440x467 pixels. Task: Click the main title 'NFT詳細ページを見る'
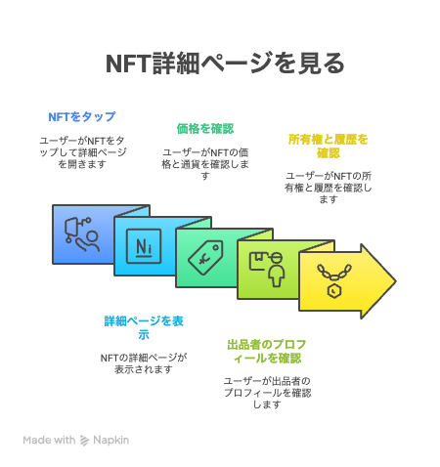(225, 64)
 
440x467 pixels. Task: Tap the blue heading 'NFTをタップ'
(82, 116)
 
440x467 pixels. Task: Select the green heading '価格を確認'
(205, 129)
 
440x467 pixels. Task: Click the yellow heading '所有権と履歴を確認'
(328, 146)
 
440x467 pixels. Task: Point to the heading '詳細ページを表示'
(144, 327)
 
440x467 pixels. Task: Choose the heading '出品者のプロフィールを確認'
(267, 352)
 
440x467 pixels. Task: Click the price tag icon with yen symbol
(205, 258)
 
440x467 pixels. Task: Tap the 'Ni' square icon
(144, 246)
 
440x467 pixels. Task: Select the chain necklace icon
(334, 280)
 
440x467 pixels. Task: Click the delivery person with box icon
(267, 269)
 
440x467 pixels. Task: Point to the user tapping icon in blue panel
(82, 234)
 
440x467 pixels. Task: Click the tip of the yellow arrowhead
(396, 281)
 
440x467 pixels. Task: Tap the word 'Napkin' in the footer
(110, 440)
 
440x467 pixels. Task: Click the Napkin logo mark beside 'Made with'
(84, 441)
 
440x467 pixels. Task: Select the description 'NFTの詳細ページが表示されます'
(144, 363)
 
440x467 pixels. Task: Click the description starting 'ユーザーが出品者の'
(267, 393)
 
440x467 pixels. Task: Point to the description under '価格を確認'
(205, 164)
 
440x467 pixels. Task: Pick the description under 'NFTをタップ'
(82, 152)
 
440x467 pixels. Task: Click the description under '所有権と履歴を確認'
(328, 188)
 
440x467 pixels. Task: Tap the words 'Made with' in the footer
(49, 440)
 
